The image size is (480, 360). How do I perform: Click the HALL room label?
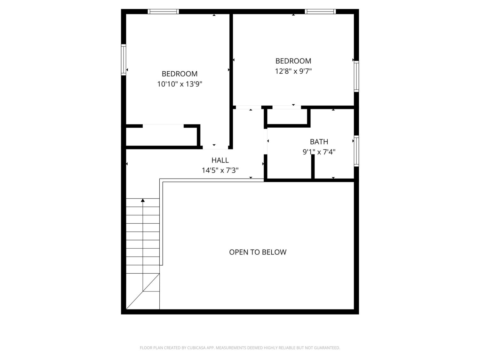tap(220, 160)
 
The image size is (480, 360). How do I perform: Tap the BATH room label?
tap(319, 142)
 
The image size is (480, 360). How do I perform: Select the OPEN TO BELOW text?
tap(258, 252)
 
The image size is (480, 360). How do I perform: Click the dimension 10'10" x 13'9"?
tap(180, 84)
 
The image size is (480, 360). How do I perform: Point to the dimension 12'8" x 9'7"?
tap(293, 71)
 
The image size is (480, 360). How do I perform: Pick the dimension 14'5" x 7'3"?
tap(220, 170)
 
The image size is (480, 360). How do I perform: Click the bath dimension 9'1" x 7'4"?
tap(319, 152)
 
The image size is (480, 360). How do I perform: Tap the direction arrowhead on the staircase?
tap(143, 200)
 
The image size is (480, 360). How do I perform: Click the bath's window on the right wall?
tap(356, 151)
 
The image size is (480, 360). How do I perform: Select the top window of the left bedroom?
tap(163, 12)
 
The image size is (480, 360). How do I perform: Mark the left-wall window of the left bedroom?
tap(124, 60)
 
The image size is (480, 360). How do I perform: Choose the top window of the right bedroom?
tap(320, 12)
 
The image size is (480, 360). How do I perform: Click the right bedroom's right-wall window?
tap(356, 76)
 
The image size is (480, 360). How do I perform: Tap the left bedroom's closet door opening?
tap(163, 126)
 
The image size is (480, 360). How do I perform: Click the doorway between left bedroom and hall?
tap(215, 148)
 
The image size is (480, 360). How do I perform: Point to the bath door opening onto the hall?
tap(266, 141)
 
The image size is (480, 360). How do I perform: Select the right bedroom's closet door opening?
tap(286, 107)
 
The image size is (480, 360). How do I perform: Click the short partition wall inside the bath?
tap(313, 166)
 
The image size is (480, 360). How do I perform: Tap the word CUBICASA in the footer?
tap(196, 348)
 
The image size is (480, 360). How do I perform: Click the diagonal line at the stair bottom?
tap(143, 291)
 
